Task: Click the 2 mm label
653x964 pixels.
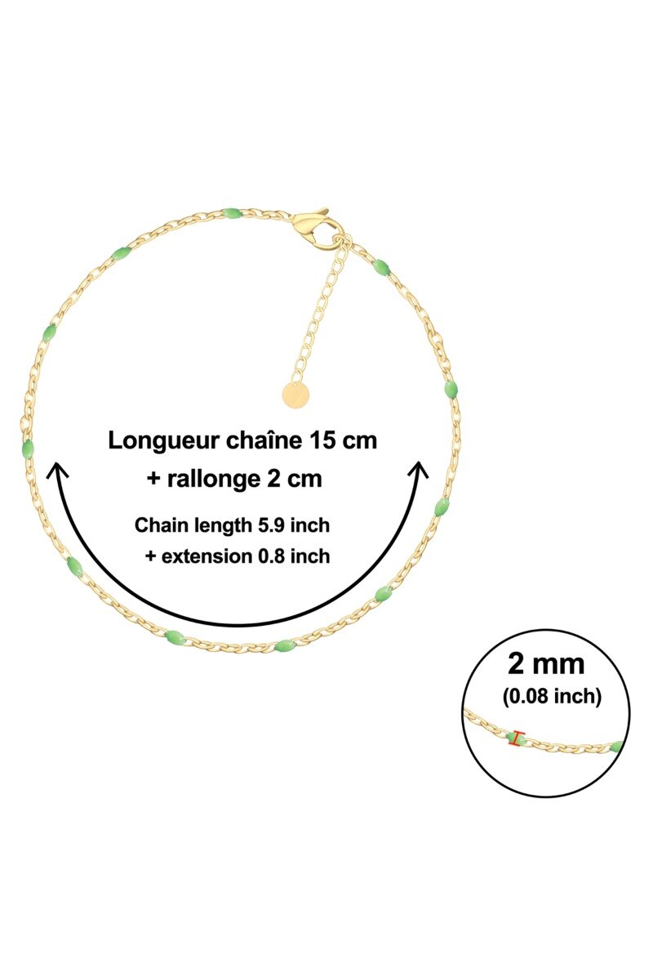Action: (x=546, y=664)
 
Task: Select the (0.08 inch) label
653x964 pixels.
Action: (x=552, y=696)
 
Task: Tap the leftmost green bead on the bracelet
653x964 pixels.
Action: (x=27, y=449)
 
